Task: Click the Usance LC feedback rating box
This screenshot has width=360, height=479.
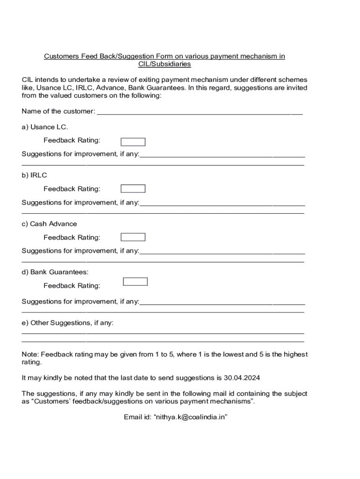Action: pyautogui.click(x=133, y=142)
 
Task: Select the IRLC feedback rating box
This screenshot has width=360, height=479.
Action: pyautogui.click(x=133, y=189)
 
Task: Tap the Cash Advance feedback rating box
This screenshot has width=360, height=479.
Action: pyautogui.click(x=133, y=237)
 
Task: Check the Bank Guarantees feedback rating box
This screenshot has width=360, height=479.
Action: pyautogui.click(x=135, y=281)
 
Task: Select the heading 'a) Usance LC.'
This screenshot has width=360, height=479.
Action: pyautogui.click(x=45, y=127)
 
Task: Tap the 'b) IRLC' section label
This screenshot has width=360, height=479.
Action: pyautogui.click(x=35, y=175)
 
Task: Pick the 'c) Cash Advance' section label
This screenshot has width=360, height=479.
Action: pyautogui.click(x=50, y=224)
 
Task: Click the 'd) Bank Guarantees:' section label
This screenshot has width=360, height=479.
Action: pyautogui.click(x=55, y=272)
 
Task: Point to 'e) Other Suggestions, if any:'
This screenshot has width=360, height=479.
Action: pyautogui.click(x=68, y=323)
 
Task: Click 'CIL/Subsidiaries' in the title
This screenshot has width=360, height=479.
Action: pyautogui.click(x=165, y=64)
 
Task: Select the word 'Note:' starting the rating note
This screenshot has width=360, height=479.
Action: pyautogui.click(x=30, y=355)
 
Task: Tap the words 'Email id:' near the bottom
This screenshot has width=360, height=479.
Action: pyautogui.click(x=137, y=417)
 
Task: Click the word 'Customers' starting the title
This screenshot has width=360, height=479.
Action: pyautogui.click(x=61, y=56)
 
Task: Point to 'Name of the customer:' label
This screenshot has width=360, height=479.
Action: pyautogui.click(x=58, y=111)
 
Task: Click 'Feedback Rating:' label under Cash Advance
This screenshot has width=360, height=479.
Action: pyautogui.click(x=72, y=238)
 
